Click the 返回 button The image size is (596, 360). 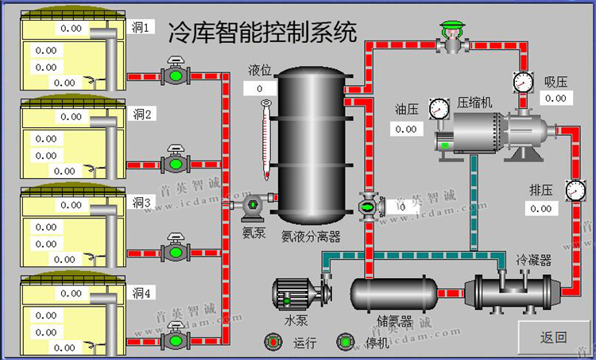pyautogui.click(x=554, y=337)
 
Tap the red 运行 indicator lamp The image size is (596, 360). pyautogui.click(x=273, y=342)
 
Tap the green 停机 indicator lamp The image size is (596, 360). pyautogui.click(x=346, y=342)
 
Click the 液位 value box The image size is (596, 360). pyautogui.click(x=261, y=88)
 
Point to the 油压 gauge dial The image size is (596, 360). pyautogui.click(x=438, y=107)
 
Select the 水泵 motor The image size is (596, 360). pyautogui.click(x=298, y=295)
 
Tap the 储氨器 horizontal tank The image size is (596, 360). pyautogui.click(x=394, y=294)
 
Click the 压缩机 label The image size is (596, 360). pyautogui.click(x=474, y=103)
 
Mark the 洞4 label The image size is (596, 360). pyautogui.click(x=141, y=293)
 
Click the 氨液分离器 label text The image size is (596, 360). pyautogui.click(x=311, y=236)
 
